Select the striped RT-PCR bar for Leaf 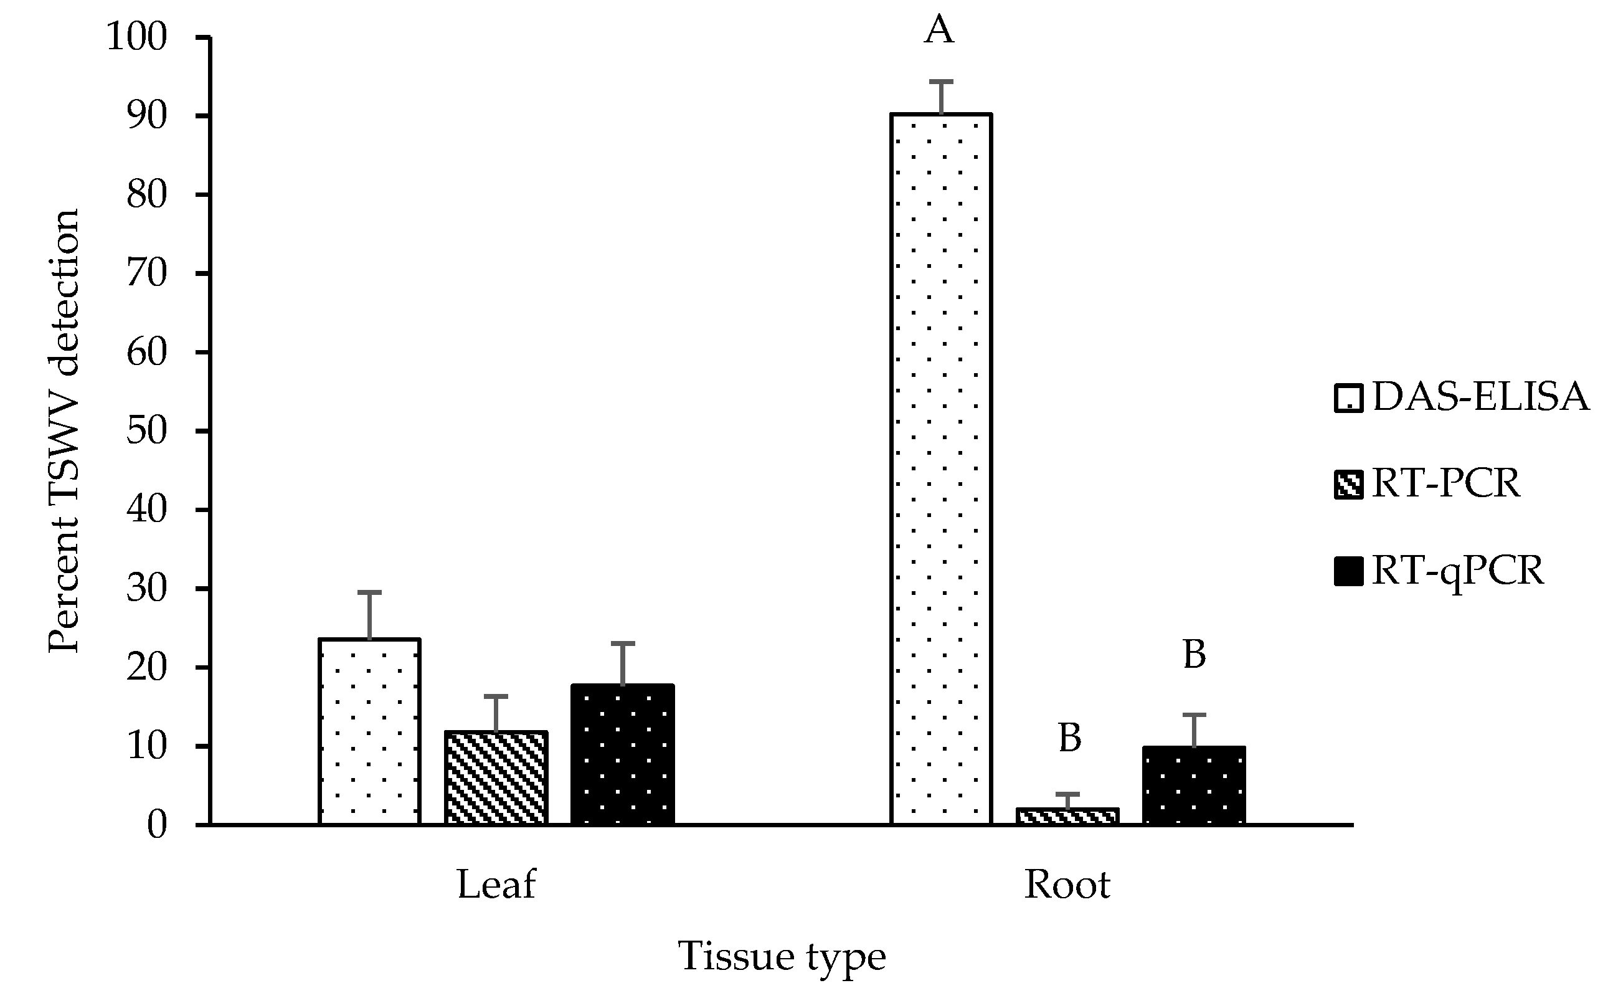click(x=496, y=777)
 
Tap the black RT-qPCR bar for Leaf click(x=623, y=754)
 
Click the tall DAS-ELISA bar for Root click(x=940, y=470)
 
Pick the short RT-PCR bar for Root click(x=1067, y=816)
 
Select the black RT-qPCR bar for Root click(x=1194, y=786)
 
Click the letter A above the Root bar click(x=939, y=30)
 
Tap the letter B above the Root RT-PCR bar click(x=1069, y=738)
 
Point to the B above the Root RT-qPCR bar click(x=1194, y=655)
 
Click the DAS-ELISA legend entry click(x=1462, y=397)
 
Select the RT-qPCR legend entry click(x=1439, y=571)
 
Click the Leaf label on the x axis click(x=496, y=885)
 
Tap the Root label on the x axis click(x=1067, y=885)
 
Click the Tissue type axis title click(x=782, y=957)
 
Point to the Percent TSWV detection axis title click(x=64, y=431)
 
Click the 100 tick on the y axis click(x=137, y=37)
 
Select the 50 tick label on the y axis click(x=147, y=431)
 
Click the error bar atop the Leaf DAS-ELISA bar click(x=369, y=614)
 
